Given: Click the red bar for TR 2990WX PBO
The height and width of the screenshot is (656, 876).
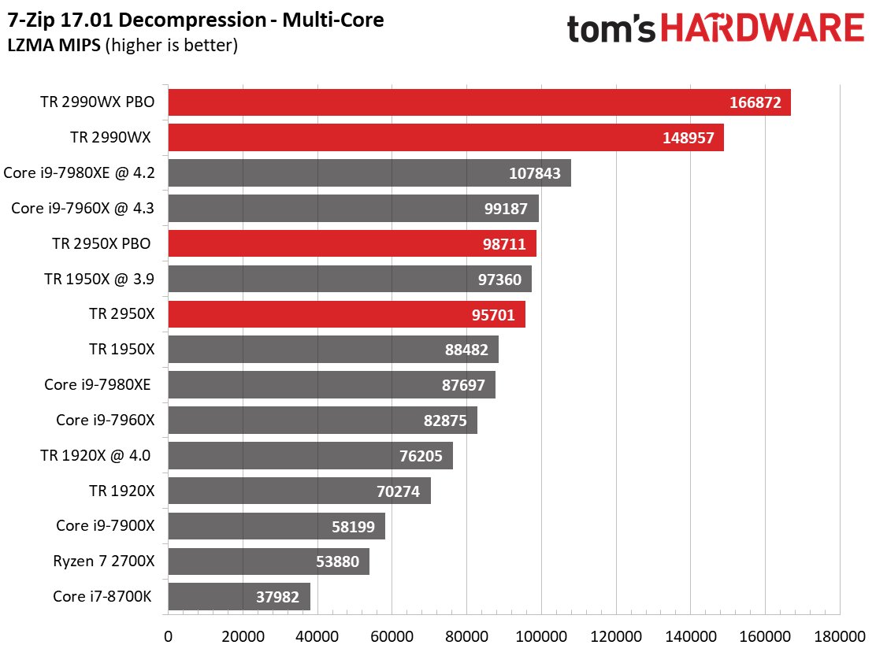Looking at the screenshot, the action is coord(479,102).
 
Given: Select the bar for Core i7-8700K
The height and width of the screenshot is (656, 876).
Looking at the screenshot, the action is coord(239,597).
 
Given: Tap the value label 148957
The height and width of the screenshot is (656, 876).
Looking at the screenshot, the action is coord(689,138).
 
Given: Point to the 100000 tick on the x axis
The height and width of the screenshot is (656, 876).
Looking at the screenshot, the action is coord(540,636).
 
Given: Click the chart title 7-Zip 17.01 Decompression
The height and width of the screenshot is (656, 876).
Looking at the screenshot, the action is coord(137,20).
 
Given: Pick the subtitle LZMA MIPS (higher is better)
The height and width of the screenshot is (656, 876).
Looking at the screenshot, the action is coord(122,45).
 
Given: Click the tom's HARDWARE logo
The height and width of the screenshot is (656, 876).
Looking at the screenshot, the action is coord(715,28).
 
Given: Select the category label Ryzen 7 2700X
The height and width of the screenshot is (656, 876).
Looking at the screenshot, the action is coord(103,561).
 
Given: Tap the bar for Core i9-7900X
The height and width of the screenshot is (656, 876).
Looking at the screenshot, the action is coord(277,526).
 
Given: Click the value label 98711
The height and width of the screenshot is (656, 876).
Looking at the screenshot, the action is coord(504,244).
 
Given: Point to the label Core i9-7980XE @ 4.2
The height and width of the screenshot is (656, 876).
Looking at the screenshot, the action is coord(79,173).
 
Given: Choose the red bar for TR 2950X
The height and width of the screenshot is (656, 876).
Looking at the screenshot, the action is coord(347,314).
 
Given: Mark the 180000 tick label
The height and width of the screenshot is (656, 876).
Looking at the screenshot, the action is coord(840,636).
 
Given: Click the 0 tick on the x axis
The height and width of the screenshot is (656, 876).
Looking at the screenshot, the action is coord(168,636).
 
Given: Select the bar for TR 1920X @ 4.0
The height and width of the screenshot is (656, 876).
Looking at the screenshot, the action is coord(310,455).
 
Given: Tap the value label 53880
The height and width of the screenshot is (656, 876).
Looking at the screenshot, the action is coord(337,561).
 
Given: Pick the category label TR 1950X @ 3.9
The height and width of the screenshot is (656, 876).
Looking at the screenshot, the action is coord(99,279).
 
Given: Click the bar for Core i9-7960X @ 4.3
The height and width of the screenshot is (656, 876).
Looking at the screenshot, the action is coord(353,208).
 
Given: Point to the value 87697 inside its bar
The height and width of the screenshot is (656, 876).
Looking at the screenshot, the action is coord(463,385).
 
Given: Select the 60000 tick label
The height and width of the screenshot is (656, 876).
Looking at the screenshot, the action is coord(392,636).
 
